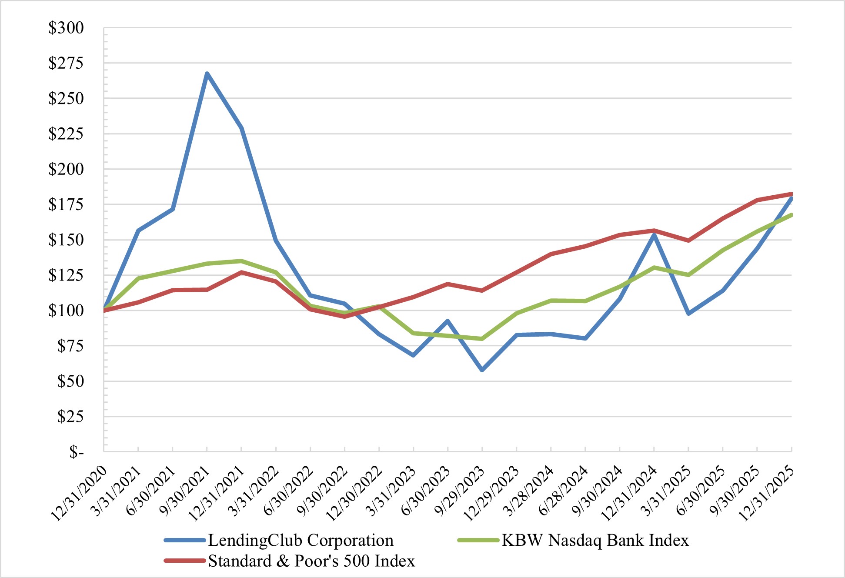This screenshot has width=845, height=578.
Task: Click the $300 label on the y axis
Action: pos(66,28)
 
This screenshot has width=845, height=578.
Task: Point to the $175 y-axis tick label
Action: pos(66,204)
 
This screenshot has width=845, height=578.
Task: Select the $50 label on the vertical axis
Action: pos(70,381)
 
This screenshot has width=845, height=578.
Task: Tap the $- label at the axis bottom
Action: pos(76,452)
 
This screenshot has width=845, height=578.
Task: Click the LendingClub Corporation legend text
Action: pos(301,540)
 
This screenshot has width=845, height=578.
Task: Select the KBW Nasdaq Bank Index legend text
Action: pos(595,540)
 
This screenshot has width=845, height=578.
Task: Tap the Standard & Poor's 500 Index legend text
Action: pos(311,561)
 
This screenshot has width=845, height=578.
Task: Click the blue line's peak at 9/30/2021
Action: pos(207,74)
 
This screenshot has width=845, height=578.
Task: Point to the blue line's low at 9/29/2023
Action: pos(482,370)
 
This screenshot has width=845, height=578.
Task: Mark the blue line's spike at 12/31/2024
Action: pos(654,235)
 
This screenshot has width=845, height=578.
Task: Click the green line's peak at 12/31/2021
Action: pos(241,261)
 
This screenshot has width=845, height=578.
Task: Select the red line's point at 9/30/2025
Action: pos(757,200)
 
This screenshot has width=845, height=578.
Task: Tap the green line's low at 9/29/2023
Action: pos(482,339)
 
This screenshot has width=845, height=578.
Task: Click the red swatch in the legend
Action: pos(185,561)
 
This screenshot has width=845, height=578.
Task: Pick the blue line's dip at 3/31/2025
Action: pos(688,314)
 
